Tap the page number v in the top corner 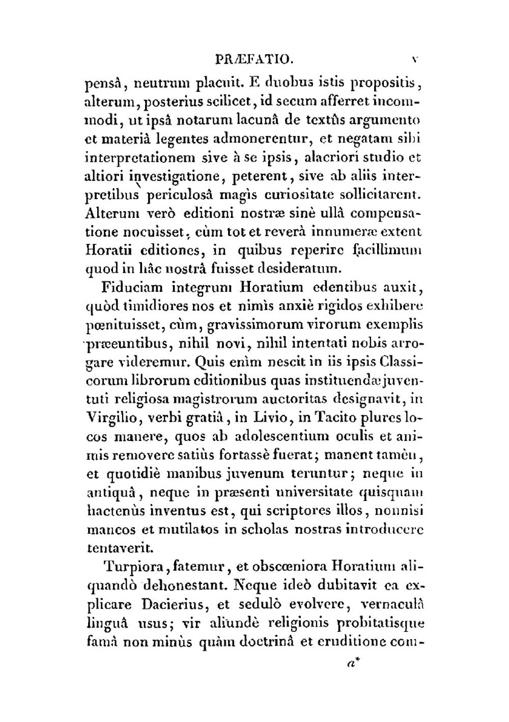coord(415,60)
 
